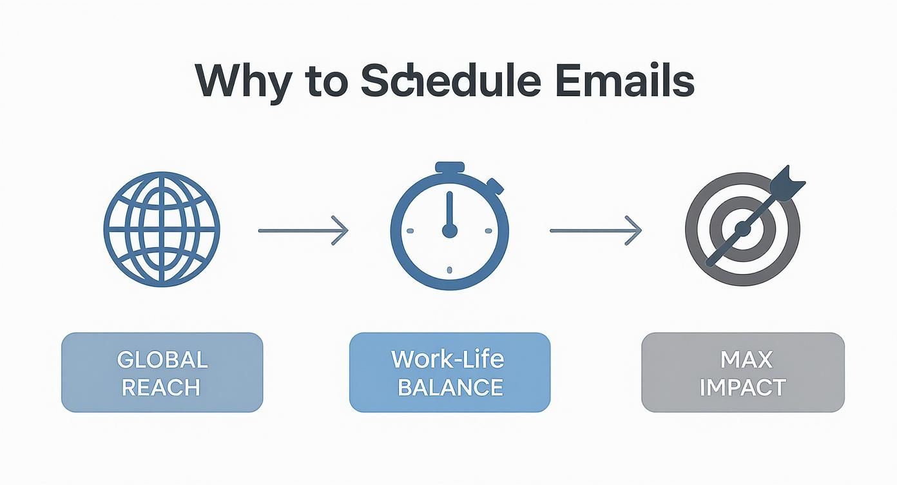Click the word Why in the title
coord(242,83)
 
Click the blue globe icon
coord(162,230)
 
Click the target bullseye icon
coord(742,228)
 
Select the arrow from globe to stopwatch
coord(303,230)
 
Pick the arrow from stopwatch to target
coord(595,230)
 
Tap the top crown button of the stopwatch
coord(449,168)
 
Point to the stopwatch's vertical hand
coord(450,210)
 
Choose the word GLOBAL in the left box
coord(162,359)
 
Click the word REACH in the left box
coord(162,388)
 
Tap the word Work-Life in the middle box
coord(449,359)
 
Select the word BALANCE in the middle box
coord(450,388)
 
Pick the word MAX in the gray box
coord(742,359)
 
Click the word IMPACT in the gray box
coord(742,388)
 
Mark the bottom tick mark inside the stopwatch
coord(449,271)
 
